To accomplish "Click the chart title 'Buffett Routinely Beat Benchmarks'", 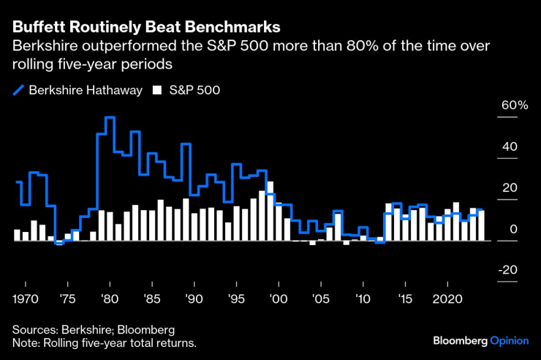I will (x=145, y=28).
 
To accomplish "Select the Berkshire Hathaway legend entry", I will (x=77, y=91).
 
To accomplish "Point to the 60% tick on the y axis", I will (x=513, y=105).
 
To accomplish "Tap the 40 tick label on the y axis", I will (x=509, y=146).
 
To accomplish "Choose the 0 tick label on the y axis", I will (x=513, y=229).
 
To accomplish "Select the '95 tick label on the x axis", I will (x=236, y=299).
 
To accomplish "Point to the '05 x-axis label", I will (x=319, y=299).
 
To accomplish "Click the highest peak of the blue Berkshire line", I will (x=110, y=118).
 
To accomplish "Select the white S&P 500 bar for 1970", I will (x=26, y=236).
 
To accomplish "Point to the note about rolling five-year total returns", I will (x=105, y=342).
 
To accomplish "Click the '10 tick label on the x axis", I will (x=362, y=299).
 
